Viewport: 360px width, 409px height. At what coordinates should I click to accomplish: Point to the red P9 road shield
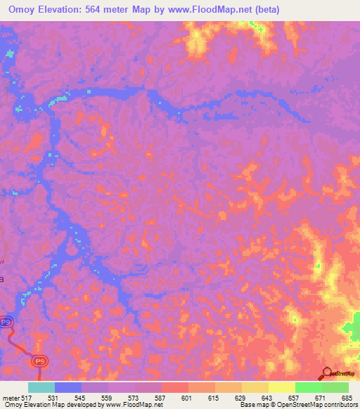pos(40,361)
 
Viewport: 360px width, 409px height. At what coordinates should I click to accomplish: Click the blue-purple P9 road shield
pos(6,322)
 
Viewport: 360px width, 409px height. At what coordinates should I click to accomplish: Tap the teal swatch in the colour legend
pos(41,387)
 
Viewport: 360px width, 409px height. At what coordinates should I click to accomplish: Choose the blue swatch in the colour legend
pos(68,387)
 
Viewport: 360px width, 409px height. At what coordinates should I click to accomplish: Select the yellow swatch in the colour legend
pos(281,387)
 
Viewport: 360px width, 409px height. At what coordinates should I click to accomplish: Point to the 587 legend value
pos(161,398)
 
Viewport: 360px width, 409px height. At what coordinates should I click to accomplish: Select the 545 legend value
pos(82,398)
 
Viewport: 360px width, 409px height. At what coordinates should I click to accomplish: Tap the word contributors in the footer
pos(340,405)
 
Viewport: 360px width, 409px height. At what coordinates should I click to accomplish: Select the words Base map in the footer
pos(252,405)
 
